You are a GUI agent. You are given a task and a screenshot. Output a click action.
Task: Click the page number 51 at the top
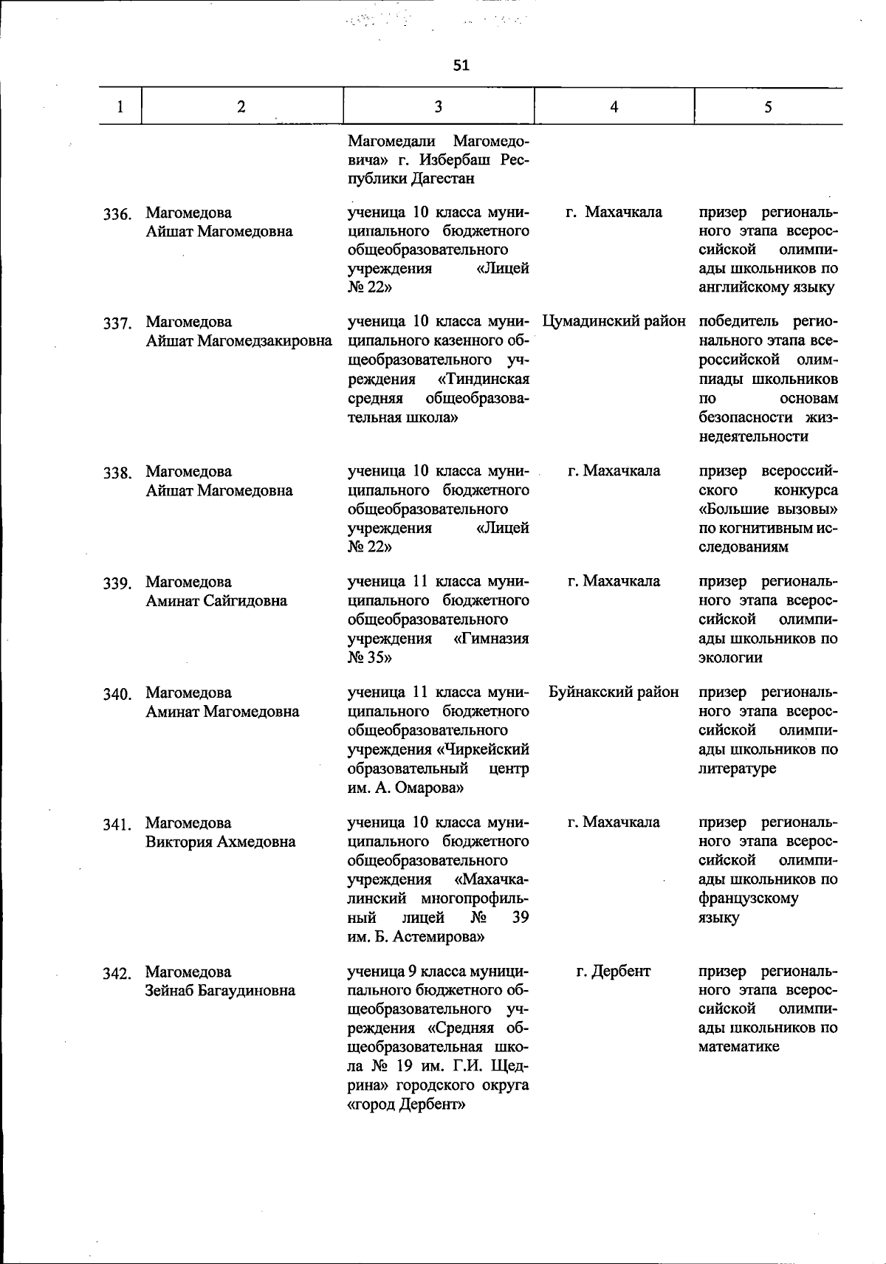click(461, 66)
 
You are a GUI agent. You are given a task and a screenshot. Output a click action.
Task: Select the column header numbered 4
click(614, 107)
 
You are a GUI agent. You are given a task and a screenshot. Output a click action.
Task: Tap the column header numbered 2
click(241, 107)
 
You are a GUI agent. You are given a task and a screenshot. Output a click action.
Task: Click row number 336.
click(117, 215)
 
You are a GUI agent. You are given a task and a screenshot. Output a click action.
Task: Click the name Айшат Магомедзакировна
click(238, 341)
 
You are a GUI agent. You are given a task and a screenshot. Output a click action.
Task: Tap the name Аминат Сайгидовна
click(216, 601)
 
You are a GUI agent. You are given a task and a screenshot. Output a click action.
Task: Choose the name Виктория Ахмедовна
click(220, 842)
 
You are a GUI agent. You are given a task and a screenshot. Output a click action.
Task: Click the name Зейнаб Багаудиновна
click(220, 991)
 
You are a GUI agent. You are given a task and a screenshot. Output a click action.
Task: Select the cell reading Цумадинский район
click(614, 322)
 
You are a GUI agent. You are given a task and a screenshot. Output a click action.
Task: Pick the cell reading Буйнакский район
click(614, 693)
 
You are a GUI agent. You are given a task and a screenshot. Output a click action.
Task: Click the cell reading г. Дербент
click(614, 972)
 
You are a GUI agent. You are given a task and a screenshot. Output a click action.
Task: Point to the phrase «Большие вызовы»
click(768, 509)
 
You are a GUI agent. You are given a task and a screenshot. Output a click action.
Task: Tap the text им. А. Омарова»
click(405, 788)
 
